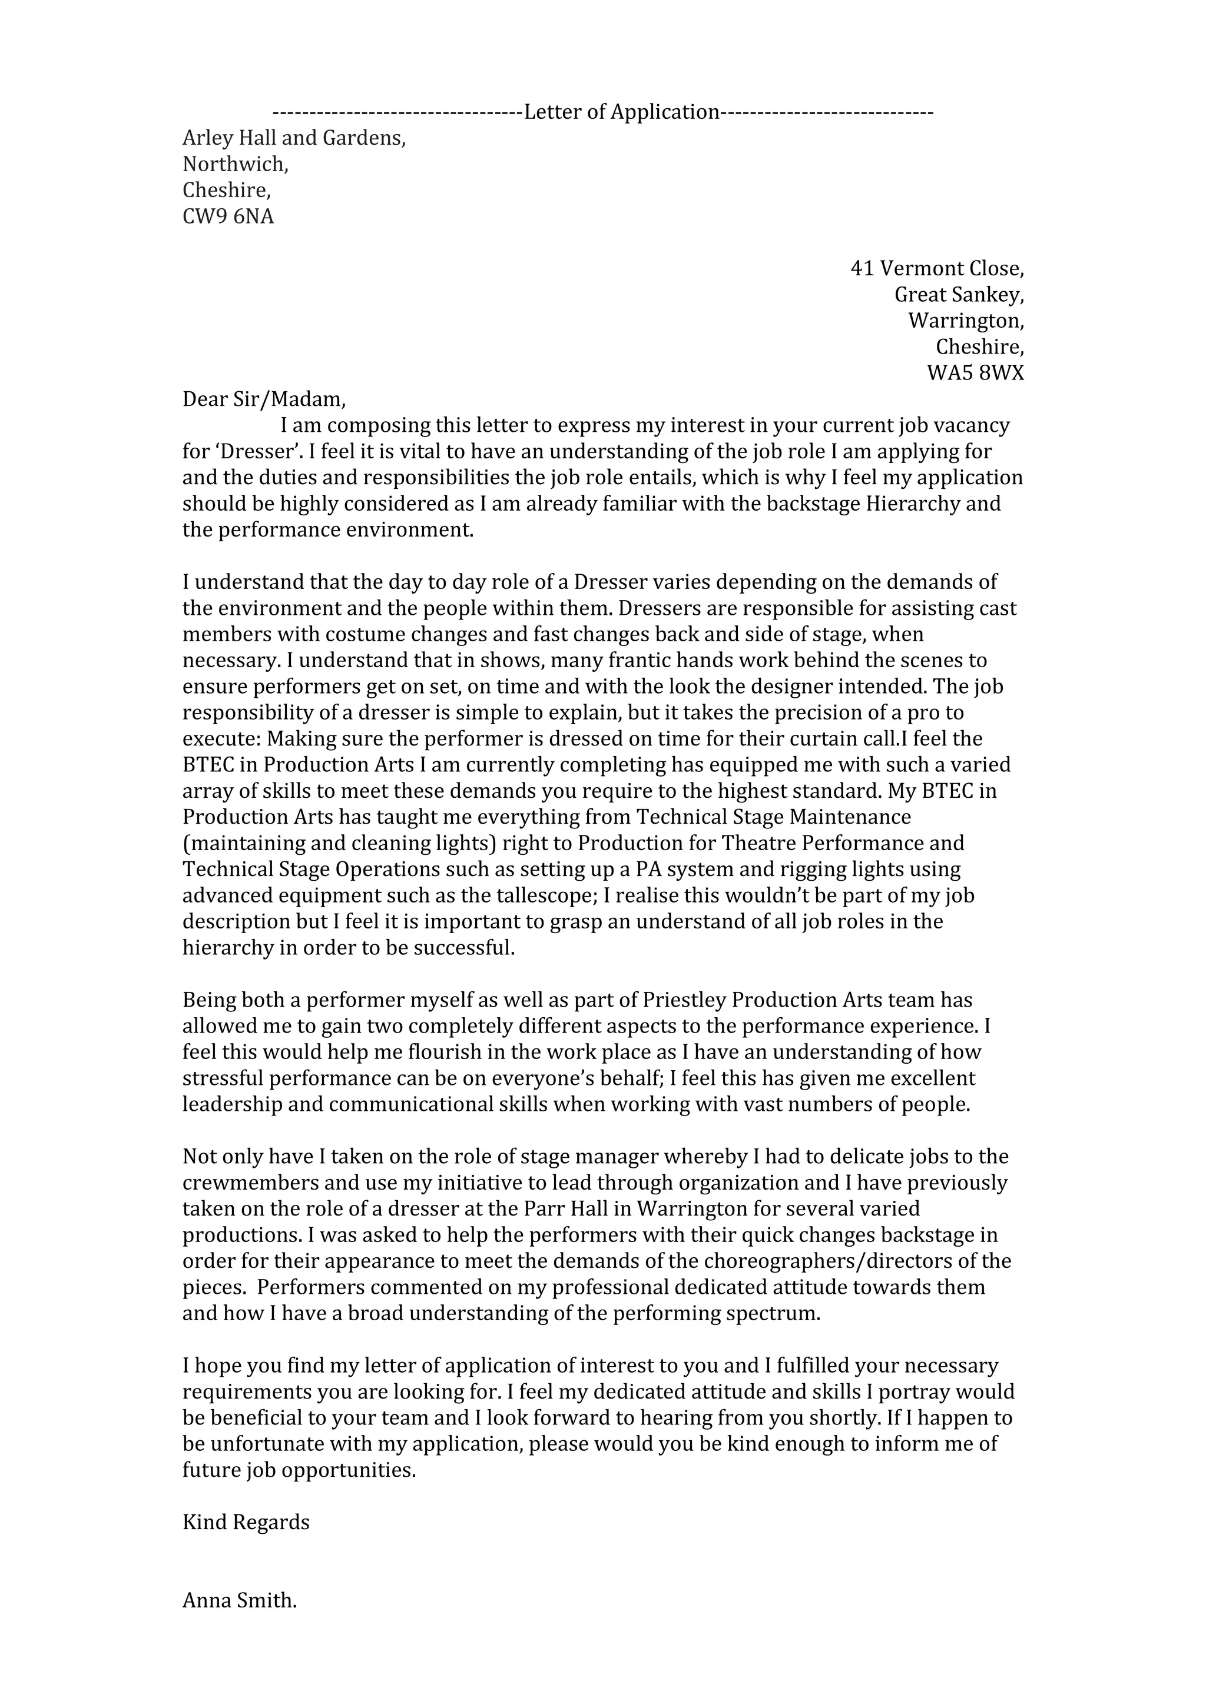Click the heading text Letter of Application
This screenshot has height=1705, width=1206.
[x=622, y=112]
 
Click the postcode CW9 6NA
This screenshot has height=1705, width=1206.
[x=228, y=217]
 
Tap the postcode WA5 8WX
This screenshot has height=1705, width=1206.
[x=975, y=374]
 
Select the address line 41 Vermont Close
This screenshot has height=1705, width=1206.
[x=936, y=269]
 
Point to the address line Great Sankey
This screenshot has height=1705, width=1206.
[x=959, y=295]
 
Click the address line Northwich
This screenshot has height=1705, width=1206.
[x=235, y=164]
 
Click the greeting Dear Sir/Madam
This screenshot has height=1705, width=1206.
[x=264, y=399]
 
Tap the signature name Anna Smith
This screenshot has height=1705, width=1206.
[x=239, y=1600]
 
